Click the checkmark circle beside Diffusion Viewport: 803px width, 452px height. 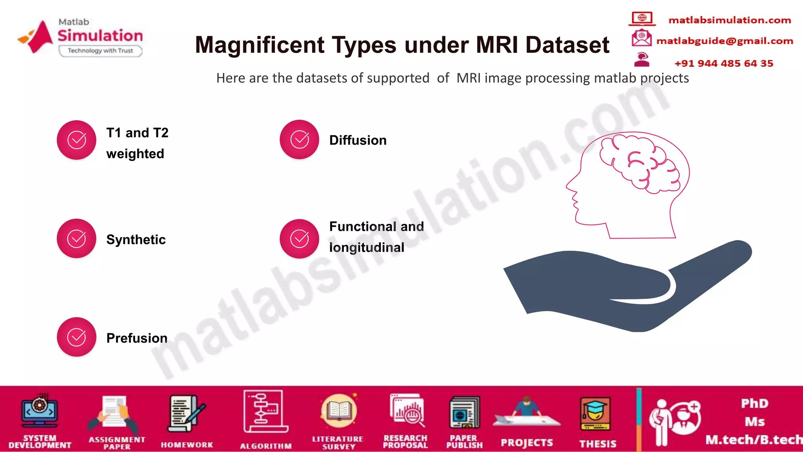tap(299, 140)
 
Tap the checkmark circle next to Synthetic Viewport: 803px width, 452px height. tap(76, 239)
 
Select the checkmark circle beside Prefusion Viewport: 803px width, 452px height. tap(76, 337)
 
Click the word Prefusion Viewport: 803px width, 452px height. tap(137, 338)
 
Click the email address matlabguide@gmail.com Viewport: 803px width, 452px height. tap(725, 41)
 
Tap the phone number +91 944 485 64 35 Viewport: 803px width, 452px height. tap(724, 64)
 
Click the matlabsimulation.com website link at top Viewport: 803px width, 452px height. tap(729, 20)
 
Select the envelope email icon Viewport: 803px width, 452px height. tap(641, 38)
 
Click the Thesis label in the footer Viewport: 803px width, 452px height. tap(598, 444)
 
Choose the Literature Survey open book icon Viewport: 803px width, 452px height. tap(339, 411)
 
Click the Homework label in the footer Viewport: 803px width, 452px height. tap(187, 445)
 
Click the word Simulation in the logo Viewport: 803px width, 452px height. tap(100, 36)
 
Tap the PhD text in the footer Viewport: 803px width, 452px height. tap(754, 403)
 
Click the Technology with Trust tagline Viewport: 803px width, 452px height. tap(100, 51)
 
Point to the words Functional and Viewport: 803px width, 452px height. tap(376, 226)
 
